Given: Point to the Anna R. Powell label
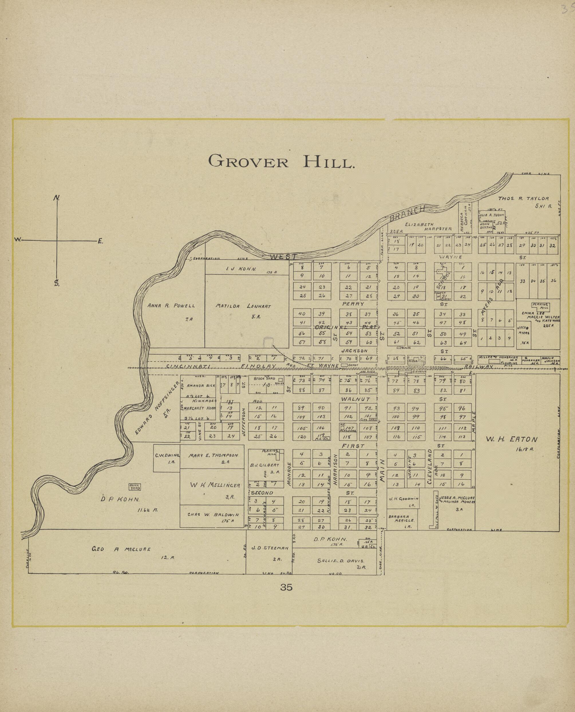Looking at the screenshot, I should click(171, 306).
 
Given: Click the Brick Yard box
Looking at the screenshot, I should click(135, 487).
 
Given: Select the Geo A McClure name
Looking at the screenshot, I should click(121, 549).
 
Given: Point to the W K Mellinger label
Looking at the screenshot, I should click(215, 485).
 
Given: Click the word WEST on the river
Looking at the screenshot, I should click(281, 257).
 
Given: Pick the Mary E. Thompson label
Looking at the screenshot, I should click(213, 455).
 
